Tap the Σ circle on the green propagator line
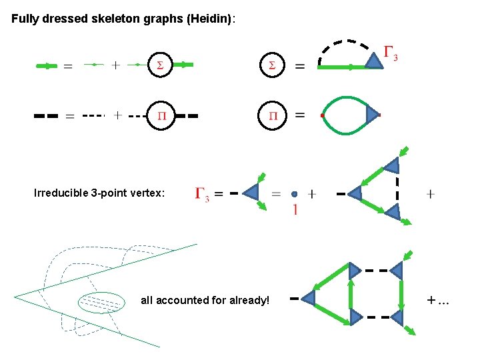click(159, 65)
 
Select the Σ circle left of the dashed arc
click(271, 65)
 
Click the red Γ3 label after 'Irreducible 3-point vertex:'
click(202, 194)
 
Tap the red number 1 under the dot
click(294, 210)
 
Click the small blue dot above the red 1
click(294, 194)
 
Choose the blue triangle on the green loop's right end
click(372, 115)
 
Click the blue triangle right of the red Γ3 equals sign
click(251, 193)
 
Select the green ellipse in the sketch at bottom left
click(101, 303)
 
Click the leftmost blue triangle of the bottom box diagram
click(309, 298)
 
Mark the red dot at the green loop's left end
click(321, 116)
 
